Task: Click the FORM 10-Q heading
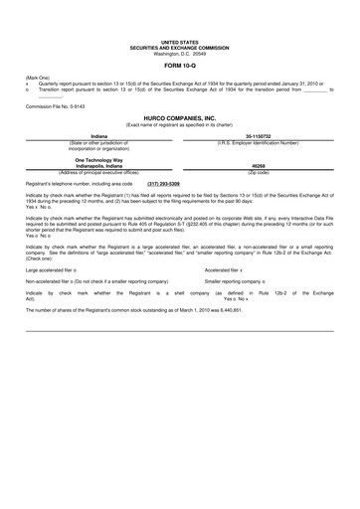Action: click(180, 66)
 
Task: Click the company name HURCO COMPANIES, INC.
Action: click(180, 116)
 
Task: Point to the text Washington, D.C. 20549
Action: click(180, 54)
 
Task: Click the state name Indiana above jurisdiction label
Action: click(99, 135)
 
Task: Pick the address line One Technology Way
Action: click(99, 159)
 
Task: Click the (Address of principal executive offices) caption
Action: click(99, 173)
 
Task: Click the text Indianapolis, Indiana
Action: click(99, 166)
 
